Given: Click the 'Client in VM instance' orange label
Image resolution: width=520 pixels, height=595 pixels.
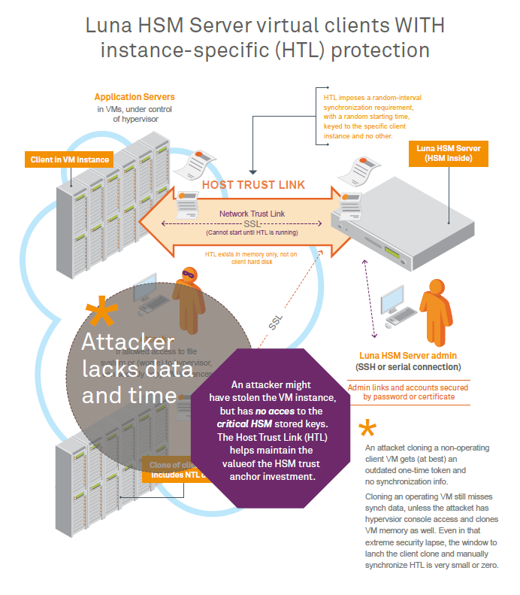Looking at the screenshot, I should tap(70, 159).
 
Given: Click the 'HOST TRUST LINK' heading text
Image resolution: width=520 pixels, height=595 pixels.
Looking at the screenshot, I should tap(254, 184).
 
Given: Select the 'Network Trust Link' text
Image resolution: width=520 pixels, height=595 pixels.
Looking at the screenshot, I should tap(252, 214).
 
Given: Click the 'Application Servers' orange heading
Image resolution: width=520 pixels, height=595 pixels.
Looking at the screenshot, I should tap(135, 97).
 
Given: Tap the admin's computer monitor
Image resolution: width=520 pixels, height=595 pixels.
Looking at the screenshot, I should tap(392, 299).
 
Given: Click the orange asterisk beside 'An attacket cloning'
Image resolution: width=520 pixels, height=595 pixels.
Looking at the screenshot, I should tap(367, 430).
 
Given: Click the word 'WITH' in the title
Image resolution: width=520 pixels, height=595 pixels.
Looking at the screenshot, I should tap(416, 26).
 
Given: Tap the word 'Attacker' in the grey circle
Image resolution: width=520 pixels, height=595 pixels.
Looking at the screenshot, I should tap(128, 342).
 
